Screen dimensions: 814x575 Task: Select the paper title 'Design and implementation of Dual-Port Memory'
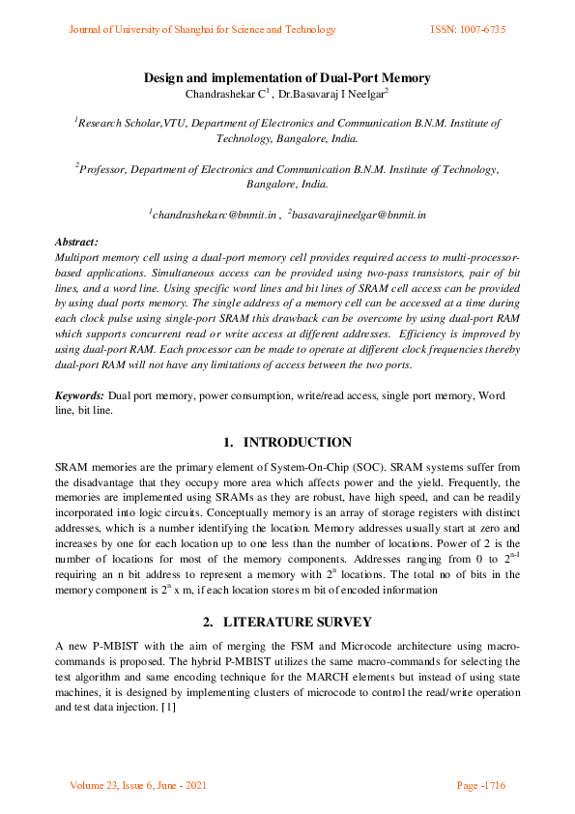click(287, 77)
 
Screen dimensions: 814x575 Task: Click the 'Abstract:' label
click(76, 242)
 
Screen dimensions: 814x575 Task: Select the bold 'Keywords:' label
click(79, 396)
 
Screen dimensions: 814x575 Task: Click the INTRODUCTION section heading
click(297, 442)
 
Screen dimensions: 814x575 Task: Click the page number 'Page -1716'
click(480, 785)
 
